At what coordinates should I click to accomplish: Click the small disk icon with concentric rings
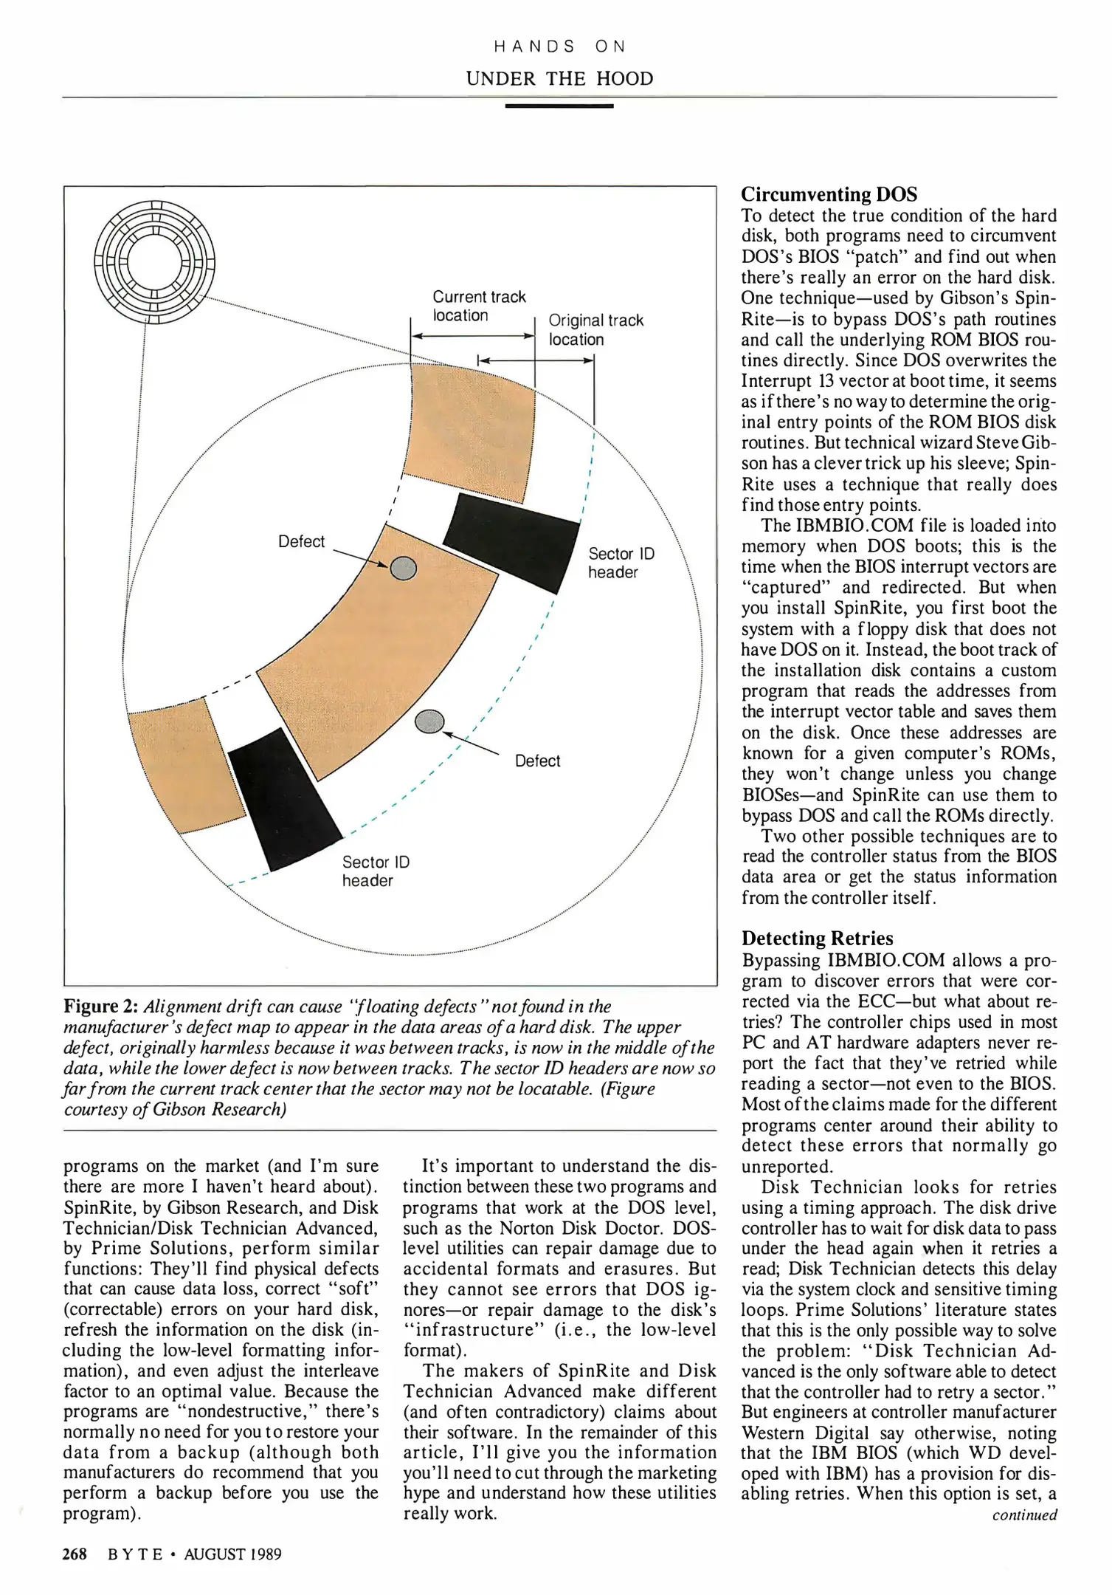[155, 262]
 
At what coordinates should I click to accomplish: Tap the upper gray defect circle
[403, 569]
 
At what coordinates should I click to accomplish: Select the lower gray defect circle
[429, 721]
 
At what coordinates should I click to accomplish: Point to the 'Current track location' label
[478, 306]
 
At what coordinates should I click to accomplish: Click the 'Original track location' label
[595, 329]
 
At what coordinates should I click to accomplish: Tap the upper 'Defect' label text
[301, 541]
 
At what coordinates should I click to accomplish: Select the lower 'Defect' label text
[537, 761]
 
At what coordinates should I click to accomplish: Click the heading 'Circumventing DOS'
[829, 194]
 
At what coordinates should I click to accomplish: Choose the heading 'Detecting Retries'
[817, 938]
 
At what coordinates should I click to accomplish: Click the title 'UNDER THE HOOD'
[559, 78]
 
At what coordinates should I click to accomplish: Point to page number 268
[75, 1554]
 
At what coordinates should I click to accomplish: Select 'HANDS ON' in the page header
[559, 47]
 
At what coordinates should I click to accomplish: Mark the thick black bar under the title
[559, 106]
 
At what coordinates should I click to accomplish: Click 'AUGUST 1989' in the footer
[232, 1554]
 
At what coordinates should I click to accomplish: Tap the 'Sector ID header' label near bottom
[375, 871]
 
